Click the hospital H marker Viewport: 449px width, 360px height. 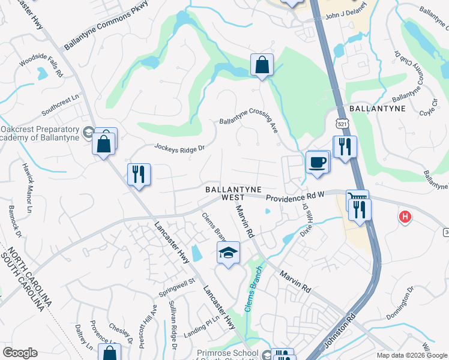[405, 217]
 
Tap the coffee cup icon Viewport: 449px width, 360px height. [318, 161]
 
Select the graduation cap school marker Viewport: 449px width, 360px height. [229, 253]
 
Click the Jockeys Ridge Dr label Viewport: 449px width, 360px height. [179, 147]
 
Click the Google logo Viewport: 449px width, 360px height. [20, 353]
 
